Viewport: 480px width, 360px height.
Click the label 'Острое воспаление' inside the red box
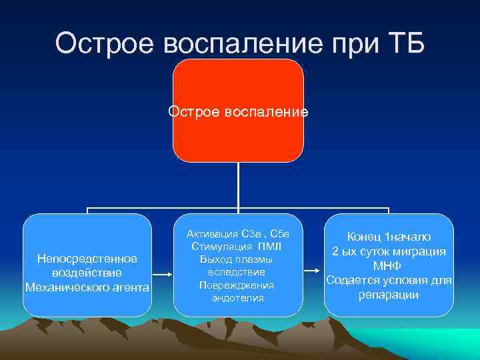coord(238,111)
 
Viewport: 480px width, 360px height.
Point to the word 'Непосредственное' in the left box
coord(87,259)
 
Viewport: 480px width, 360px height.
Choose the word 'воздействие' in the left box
coord(87,273)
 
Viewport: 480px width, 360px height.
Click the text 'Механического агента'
coord(87,287)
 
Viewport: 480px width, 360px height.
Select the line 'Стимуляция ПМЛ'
coord(238,247)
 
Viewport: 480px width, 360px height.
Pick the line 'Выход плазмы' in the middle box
coord(238,259)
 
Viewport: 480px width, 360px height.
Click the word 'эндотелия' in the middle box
coord(238,298)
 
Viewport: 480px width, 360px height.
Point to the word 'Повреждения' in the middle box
coord(238,285)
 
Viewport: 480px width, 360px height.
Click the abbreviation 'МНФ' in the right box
coord(389,266)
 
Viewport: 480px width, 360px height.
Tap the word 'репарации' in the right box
coord(389,295)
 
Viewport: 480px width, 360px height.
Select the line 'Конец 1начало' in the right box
coord(389,237)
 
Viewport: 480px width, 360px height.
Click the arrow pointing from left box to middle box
coord(163,273)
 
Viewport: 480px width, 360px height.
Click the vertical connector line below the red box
coord(238,187)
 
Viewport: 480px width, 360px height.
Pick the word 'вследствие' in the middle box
coord(238,272)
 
